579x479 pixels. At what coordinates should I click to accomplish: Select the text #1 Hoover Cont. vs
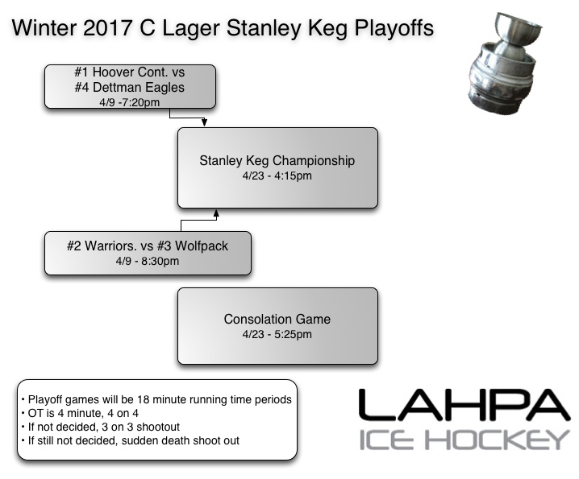130,72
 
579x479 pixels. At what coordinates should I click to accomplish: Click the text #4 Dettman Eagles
130,86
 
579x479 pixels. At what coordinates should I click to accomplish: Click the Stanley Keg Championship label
277,160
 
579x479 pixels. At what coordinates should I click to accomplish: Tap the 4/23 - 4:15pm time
277,175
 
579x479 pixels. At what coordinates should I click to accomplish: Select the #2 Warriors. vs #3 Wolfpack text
148,246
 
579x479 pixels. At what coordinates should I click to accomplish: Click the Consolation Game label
277,320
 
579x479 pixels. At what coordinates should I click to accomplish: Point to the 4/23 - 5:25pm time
277,334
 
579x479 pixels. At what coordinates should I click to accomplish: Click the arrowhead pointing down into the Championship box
205,123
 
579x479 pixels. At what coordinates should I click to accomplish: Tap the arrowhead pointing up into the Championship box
215,213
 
